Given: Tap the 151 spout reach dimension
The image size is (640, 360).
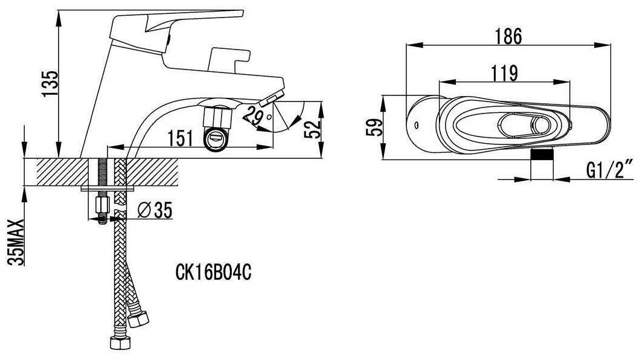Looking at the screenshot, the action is click(x=181, y=138).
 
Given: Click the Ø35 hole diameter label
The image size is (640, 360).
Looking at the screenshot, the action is click(x=155, y=210).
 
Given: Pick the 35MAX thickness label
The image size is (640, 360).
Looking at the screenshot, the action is click(x=16, y=242).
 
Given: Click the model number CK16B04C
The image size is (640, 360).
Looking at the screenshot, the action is click(x=213, y=272).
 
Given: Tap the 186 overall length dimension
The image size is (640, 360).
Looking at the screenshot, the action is click(x=508, y=37).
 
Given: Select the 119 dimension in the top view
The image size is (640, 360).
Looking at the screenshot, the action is click(x=504, y=74).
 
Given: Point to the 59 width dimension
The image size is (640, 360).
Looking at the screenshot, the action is click(x=374, y=127).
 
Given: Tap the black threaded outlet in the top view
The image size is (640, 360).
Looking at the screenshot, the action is click(x=542, y=154).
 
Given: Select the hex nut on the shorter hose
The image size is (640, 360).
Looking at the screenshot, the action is click(x=138, y=319).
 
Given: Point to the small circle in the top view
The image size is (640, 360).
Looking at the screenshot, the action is click(x=417, y=124).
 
